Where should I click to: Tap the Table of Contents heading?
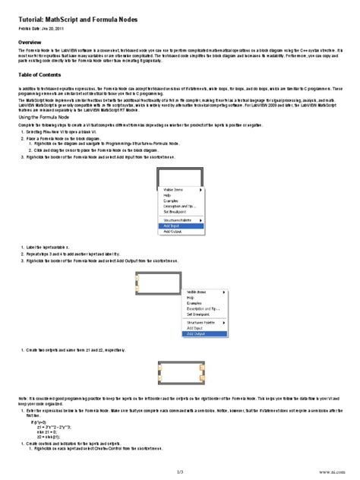45,77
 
